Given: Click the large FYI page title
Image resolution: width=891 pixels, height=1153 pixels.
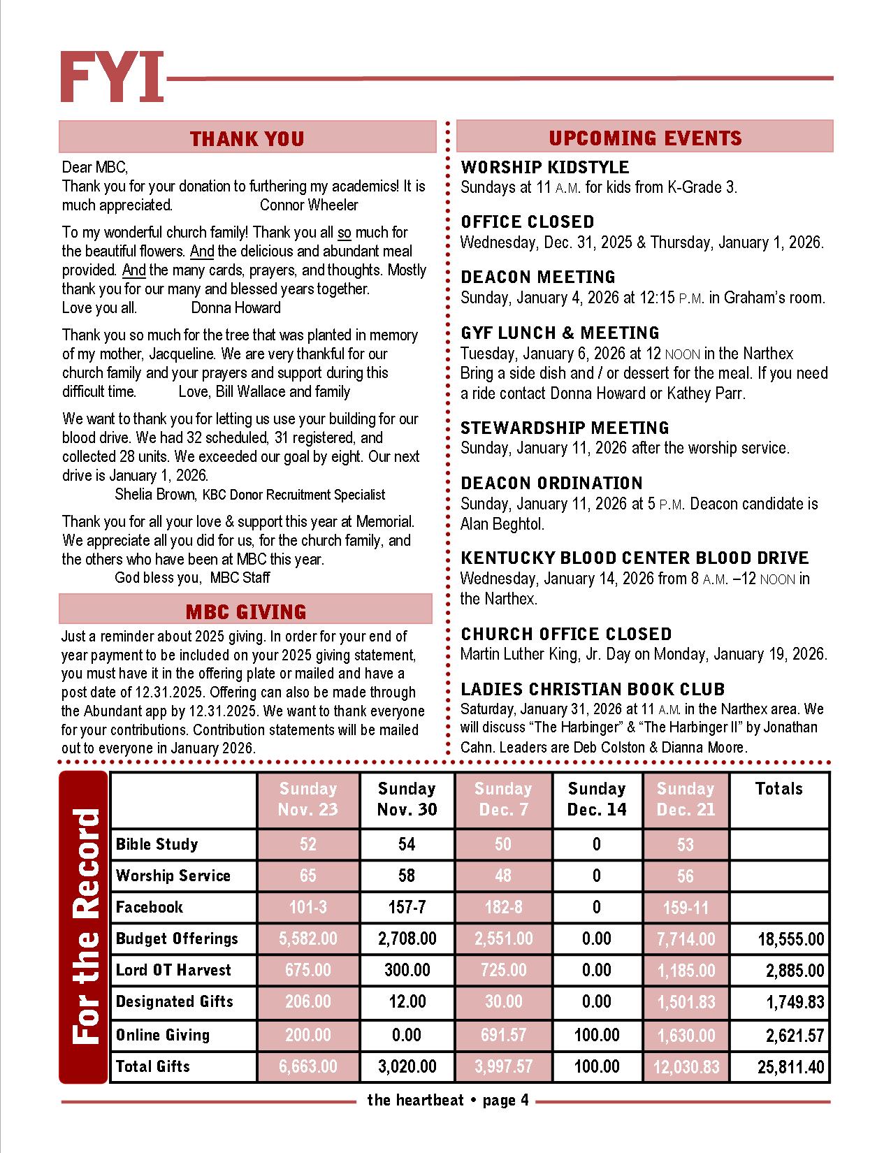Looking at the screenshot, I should [112, 77].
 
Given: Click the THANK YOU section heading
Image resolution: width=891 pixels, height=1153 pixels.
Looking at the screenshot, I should [247, 138].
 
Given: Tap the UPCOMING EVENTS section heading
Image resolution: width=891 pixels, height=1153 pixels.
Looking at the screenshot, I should [645, 138].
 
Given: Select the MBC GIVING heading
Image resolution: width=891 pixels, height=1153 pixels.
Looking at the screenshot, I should [246, 611].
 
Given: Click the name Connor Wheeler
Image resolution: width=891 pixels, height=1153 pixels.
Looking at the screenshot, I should [309, 205].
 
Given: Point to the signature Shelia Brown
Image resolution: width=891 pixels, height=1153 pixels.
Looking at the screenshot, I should [155, 495].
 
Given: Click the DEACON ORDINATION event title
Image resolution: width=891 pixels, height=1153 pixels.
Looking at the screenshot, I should [551, 483].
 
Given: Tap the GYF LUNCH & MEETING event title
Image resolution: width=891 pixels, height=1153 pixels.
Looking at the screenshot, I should [560, 333].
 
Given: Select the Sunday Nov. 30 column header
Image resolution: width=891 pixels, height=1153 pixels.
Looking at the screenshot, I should [407, 799].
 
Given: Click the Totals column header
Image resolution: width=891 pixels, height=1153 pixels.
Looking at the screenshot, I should [778, 789].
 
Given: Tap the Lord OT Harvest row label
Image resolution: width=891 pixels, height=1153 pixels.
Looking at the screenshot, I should [173, 970].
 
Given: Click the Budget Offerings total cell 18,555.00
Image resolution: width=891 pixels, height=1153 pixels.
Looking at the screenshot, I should [791, 939].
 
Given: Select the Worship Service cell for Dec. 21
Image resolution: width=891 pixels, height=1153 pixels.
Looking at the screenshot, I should [685, 876].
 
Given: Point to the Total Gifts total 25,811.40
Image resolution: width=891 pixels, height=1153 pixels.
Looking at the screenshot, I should [791, 1067].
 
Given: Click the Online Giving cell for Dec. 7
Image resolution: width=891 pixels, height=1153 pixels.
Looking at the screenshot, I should [503, 1035].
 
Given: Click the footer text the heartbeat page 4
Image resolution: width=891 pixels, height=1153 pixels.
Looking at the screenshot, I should [448, 1101].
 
